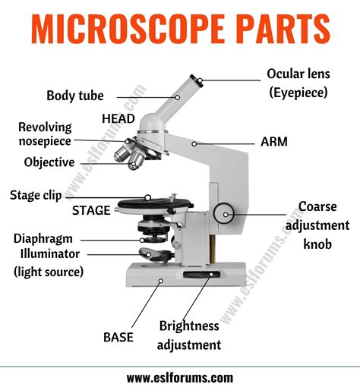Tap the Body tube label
tap(74, 96)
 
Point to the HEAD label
tap(118, 119)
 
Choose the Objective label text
tap(49, 162)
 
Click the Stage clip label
tap(36, 195)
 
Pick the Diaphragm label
tap(43, 238)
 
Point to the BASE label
tap(119, 336)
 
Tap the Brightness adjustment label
tap(189, 335)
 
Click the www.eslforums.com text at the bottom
tap(180, 376)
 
